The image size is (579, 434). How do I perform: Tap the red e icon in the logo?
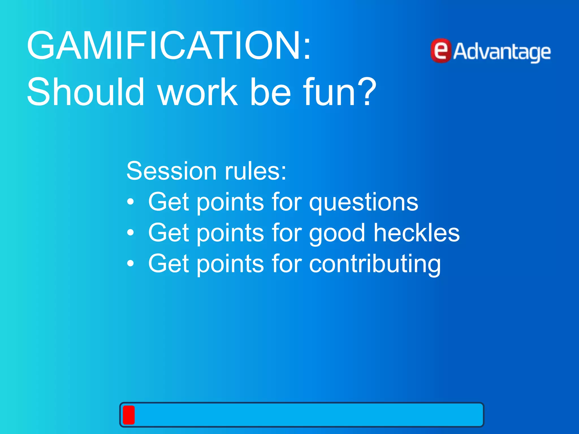(x=441, y=51)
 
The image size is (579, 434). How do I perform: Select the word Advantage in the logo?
(x=502, y=52)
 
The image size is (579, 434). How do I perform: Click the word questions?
(x=364, y=203)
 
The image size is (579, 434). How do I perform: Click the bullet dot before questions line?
(x=130, y=202)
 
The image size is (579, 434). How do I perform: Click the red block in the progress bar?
(x=129, y=415)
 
